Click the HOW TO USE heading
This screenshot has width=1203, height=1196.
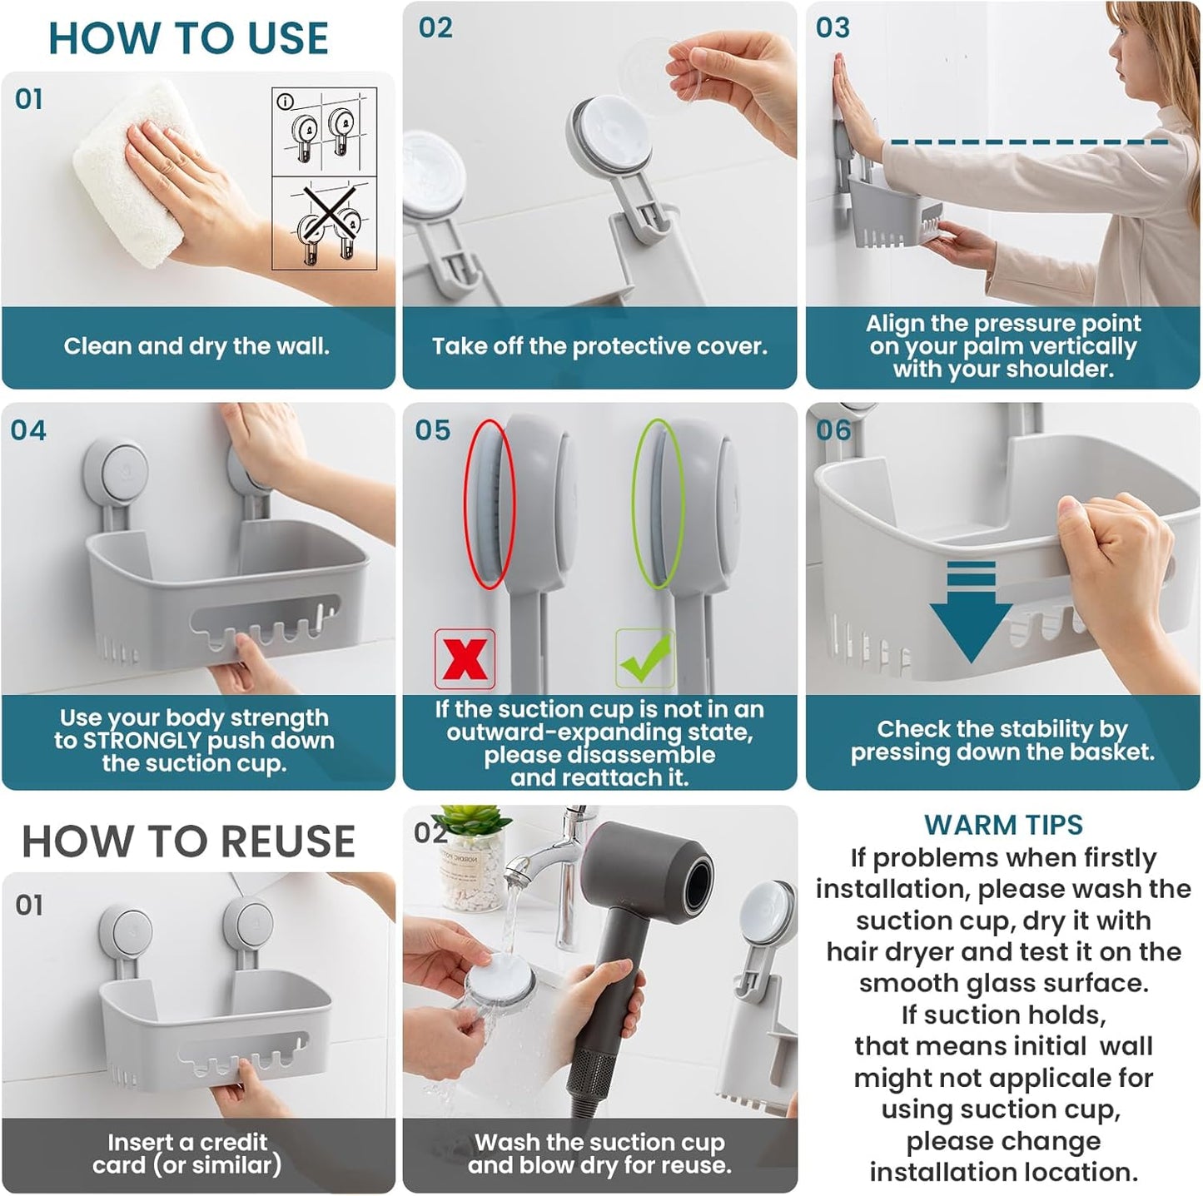(188, 38)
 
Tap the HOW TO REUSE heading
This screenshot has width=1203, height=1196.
(188, 841)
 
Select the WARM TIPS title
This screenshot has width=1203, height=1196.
(1003, 825)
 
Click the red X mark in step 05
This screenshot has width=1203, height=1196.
(465, 659)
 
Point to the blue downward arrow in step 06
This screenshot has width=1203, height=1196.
(971, 612)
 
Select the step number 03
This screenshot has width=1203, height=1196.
(833, 27)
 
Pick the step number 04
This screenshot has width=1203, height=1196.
(28, 430)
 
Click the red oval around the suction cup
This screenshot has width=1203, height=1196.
(490, 504)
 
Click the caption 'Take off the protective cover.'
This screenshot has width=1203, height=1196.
(599, 346)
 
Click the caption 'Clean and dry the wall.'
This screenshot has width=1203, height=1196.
(196, 346)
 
